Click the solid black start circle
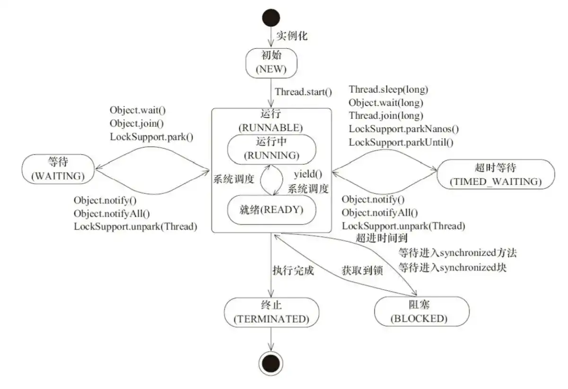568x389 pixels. [271, 17]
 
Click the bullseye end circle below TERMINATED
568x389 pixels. [271, 364]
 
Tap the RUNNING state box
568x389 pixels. [271, 149]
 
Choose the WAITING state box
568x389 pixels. [58, 169]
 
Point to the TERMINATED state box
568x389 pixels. [271, 312]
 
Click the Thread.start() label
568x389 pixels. [304, 91]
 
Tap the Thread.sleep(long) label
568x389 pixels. [388, 89]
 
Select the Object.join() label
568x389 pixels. [137, 124]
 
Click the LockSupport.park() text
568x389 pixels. [152, 138]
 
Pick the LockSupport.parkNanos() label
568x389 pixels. [404, 129]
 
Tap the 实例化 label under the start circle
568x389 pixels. [291, 36]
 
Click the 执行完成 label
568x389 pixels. [293, 271]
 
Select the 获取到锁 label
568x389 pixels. [362, 271]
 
